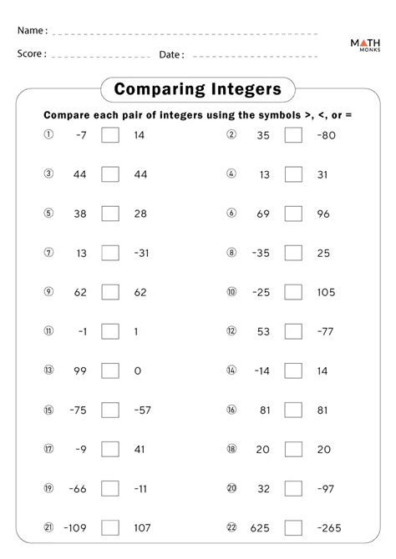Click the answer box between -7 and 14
(x=110, y=135)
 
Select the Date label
(x=171, y=54)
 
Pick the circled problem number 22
(x=231, y=528)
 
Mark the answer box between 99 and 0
(x=110, y=370)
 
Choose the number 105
(x=326, y=292)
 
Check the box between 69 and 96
(x=293, y=214)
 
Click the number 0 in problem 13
(x=136, y=370)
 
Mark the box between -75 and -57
(x=110, y=410)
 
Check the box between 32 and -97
(x=293, y=488)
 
